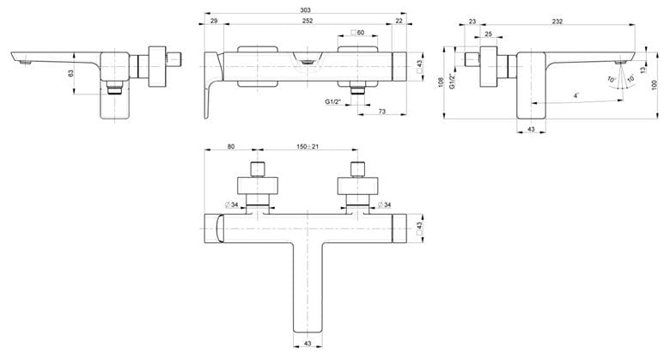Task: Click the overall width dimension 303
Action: click(x=306, y=9)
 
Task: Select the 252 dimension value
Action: click(x=308, y=21)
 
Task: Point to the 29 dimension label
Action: click(x=214, y=21)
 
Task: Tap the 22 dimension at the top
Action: click(x=399, y=21)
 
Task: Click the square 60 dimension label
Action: click(x=357, y=33)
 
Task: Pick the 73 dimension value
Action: click(x=382, y=111)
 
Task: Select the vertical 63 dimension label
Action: click(x=71, y=73)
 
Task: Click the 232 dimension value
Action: click(x=557, y=21)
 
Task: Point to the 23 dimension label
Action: click(x=472, y=21)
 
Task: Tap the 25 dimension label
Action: click(x=489, y=34)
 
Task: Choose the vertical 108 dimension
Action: click(x=441, y=82)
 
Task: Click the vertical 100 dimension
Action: click(x=655, y=85)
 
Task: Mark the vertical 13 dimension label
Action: click(x=643, y=70)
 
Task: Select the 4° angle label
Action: click(x=576, y=95)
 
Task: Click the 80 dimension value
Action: click(x=231, y=146)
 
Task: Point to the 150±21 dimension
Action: click(x=308, y=147)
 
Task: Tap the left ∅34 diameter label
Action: click(x=231, y=204)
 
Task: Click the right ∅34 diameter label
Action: click(x=384, y=204)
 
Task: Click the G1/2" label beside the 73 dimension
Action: click(x=333, y=101)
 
